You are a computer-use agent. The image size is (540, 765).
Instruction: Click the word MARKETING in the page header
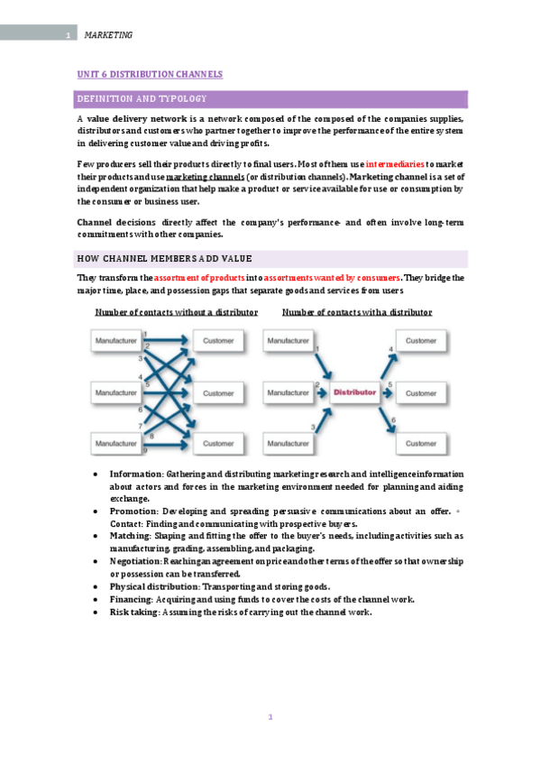pyautogui.click(x=108, y=35)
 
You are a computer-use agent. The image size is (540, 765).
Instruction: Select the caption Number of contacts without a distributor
pyautogui.click(x=177, y=312)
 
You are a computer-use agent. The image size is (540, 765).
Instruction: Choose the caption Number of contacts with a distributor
pyautogui.click(x=357, y=312)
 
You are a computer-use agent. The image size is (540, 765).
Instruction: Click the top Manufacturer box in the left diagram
pyautogui.click(x=116, y=341)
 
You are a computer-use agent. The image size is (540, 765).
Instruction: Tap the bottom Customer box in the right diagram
pyautogui.click(x=420, y=443)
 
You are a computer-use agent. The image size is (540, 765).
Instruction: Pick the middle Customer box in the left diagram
pyautogui.click(x=218, y=392)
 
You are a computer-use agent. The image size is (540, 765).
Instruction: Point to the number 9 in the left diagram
pyautogui.click(x=145, y=450)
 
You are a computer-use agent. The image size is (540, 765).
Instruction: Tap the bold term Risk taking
pyautogui.click(x=133, y=612)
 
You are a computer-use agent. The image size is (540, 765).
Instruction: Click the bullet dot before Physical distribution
pyautogui.click(x=96, y=586)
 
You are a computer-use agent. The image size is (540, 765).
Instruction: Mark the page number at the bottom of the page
pyautogui.click(x=270, y=717)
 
